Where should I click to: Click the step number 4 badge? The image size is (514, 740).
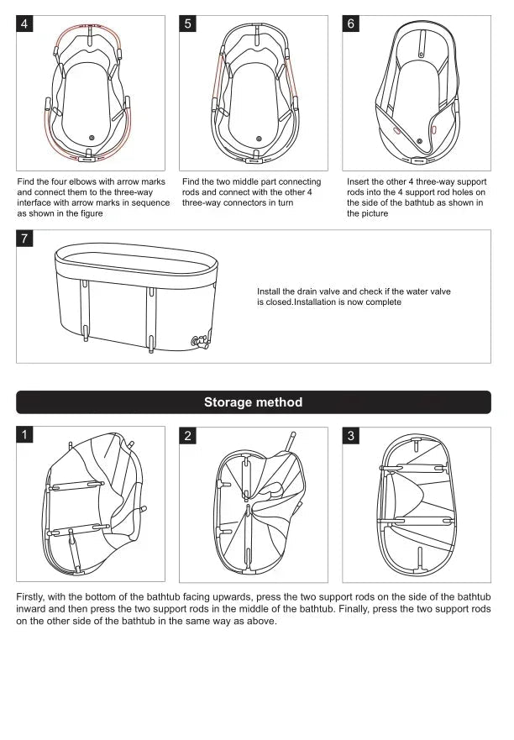(26, 24)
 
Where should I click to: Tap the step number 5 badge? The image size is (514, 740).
(189, 24)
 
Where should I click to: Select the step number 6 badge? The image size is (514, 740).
(353, 24)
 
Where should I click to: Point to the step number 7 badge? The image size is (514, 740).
(26, 239)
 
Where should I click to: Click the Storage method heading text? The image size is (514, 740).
(253, 402)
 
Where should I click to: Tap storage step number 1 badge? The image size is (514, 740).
(26, 435)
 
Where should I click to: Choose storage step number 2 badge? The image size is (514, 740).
(189, 435)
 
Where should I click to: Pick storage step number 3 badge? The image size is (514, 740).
(353, 435)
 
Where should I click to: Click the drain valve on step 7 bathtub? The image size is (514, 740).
(201, 341)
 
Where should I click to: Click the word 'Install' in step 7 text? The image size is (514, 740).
(270, 291)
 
